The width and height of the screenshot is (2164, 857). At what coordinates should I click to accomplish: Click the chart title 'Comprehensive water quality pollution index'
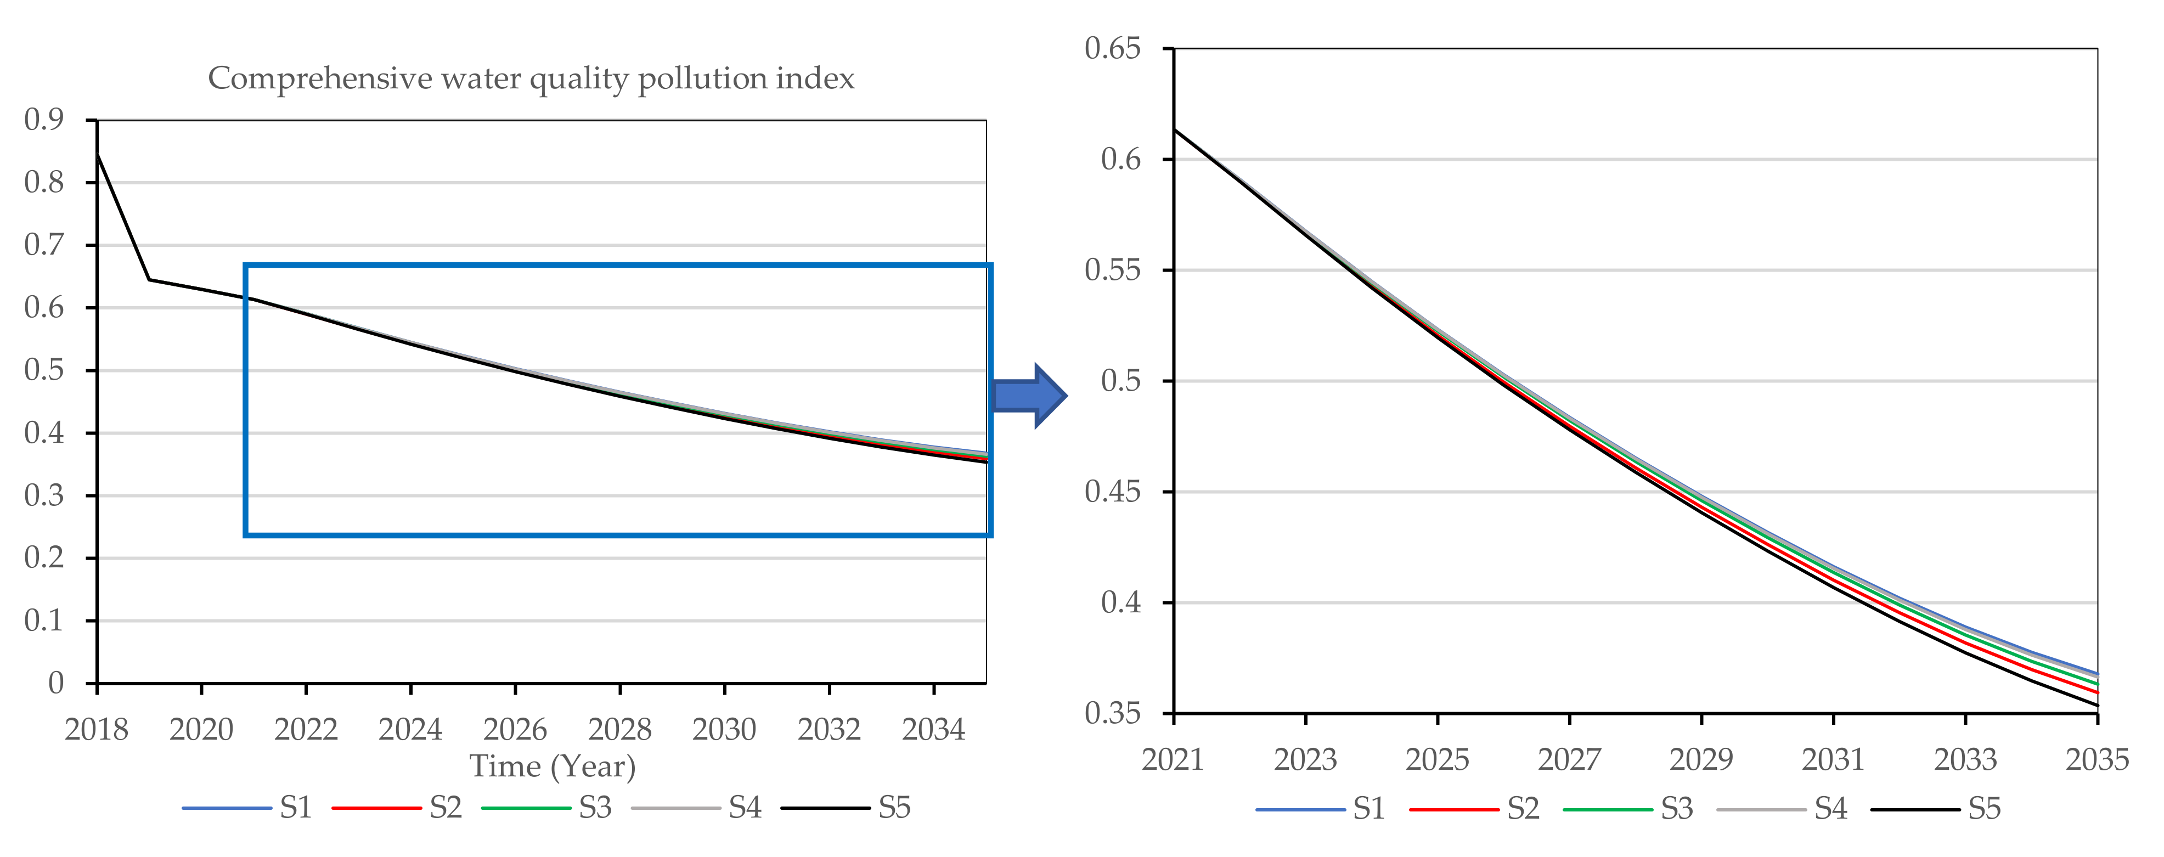tap(531, 78)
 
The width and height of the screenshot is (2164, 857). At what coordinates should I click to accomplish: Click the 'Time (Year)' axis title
tap(552, 766)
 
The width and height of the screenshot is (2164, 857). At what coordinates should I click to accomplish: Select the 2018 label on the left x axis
tap(96, 729)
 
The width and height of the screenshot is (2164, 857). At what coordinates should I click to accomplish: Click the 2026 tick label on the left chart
tap(515, 729)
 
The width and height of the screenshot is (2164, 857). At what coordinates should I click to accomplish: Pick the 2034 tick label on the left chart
tap(933, 729)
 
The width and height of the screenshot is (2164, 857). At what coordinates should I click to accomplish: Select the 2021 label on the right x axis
tap(1173, 759)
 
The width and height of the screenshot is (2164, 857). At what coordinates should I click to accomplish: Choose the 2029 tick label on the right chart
tap(1701, 759)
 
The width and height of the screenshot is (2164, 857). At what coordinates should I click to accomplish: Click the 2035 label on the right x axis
tap(2097, 759)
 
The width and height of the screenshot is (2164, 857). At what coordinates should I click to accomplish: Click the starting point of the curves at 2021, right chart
tap(1174, 129)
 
